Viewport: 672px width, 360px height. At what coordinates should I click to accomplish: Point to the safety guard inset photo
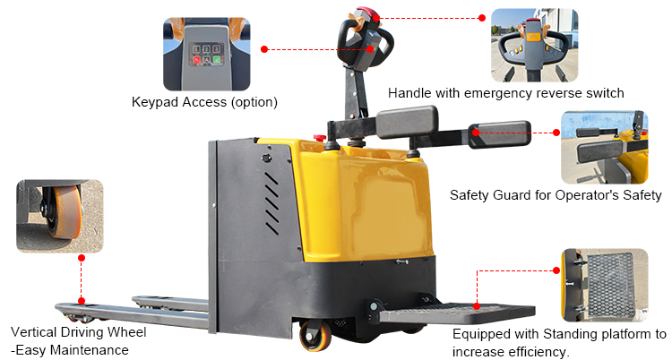[604, 148]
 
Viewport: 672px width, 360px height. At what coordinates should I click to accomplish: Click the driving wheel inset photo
[59, 216]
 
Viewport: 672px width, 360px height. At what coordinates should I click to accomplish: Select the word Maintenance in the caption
[89, 350]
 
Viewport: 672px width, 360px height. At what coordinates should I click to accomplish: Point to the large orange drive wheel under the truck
[316, 336]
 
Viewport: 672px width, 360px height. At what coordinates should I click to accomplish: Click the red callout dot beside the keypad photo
[264, 49]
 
